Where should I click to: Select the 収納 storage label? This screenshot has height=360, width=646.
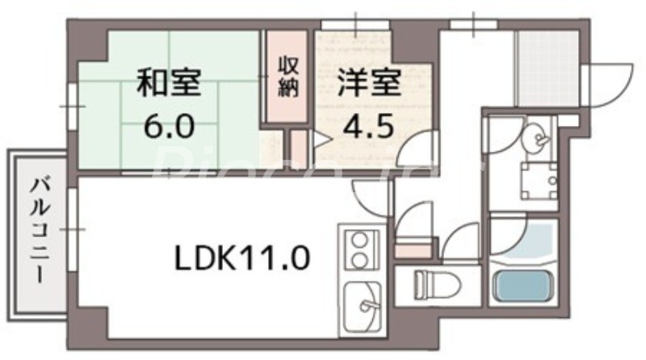[x=287, y=75]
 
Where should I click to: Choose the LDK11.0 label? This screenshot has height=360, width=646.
[x=241, y=258]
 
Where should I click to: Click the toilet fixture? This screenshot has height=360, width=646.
[x=436, y=285]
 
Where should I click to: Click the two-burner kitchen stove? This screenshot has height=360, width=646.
[x=359, y=247]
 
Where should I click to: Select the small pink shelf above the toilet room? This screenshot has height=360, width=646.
[x=413, y=249]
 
